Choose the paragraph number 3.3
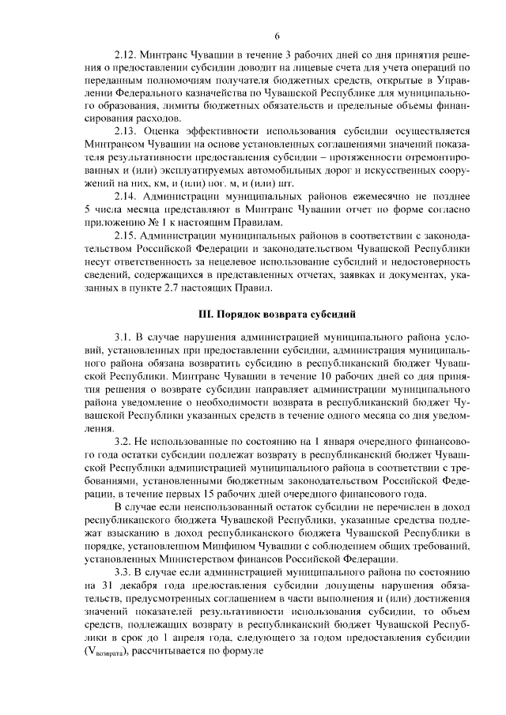[x=123, y=571]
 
